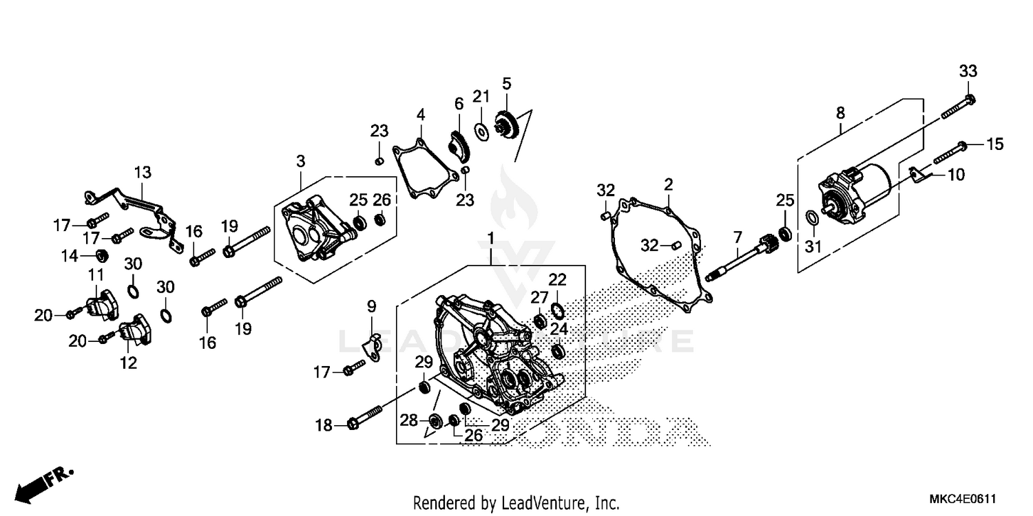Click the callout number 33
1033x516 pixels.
(968, 72)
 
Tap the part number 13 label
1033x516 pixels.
(143, 172)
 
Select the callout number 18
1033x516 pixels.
(324, 426)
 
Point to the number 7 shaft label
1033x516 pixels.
(738, 238)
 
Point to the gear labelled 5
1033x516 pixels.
(507, 126)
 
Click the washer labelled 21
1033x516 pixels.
(481, 129)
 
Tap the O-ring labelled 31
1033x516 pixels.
(812, 219)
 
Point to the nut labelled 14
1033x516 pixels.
(101, 256)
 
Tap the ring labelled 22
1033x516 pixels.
(557, 306)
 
